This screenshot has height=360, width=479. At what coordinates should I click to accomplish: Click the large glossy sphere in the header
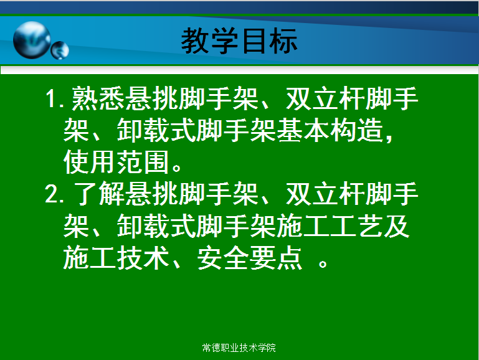coord(32,40)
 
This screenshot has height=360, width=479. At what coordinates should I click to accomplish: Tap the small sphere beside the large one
coord(60,50)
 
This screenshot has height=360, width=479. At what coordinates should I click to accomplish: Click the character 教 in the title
coord(194,40)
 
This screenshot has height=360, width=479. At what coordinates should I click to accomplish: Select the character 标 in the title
coord(283,40)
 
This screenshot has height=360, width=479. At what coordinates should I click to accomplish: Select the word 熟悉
coord(98,98)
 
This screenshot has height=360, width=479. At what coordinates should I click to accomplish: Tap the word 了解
coord(99,194)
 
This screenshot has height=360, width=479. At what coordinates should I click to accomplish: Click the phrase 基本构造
coord(331,130)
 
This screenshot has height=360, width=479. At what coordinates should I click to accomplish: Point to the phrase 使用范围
coord(116,162)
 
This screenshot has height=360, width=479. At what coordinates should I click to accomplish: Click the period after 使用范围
coord(177,168)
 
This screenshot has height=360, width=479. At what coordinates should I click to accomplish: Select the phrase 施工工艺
coord(331,226)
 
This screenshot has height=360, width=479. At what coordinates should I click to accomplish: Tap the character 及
coord(397,226)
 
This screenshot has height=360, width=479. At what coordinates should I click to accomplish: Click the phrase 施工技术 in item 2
coord(116,258)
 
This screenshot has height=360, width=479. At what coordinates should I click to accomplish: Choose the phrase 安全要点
coord(250,258)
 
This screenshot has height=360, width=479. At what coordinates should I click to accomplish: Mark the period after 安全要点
coord(323,263)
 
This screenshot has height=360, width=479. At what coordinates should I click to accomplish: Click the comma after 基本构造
coord(389,138)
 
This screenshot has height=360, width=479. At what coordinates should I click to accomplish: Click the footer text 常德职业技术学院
coord(239,348)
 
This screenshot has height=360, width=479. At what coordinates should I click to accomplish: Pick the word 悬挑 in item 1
coord(151,98)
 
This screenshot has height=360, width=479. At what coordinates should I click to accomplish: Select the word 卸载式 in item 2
coord(156,226)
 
